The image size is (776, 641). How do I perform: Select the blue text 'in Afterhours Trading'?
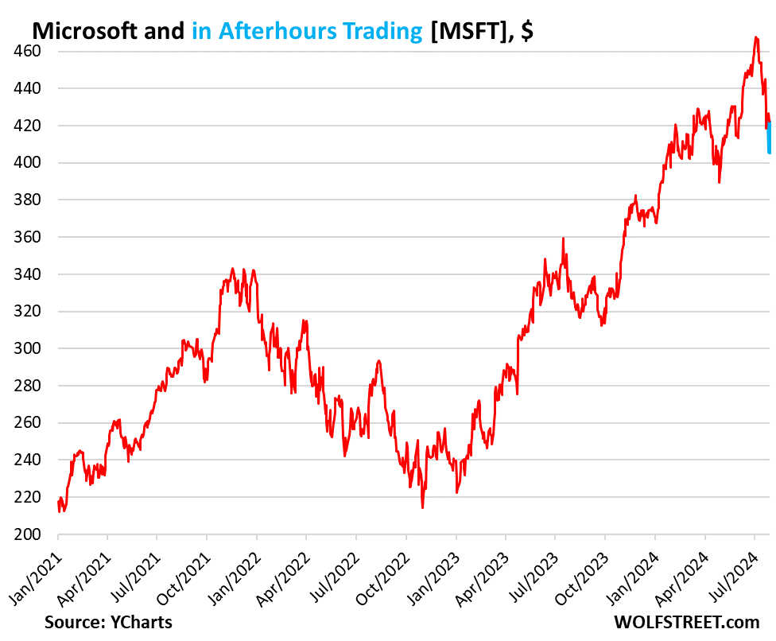pos(307,31)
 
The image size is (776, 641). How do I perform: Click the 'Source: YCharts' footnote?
pos(108,621)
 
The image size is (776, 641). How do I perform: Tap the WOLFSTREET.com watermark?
pos(686,621)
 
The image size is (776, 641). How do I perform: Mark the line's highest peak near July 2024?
pos(756,37)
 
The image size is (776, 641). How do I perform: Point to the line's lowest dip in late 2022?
pos(422,507)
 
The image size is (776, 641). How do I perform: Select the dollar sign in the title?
pos(526,31)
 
